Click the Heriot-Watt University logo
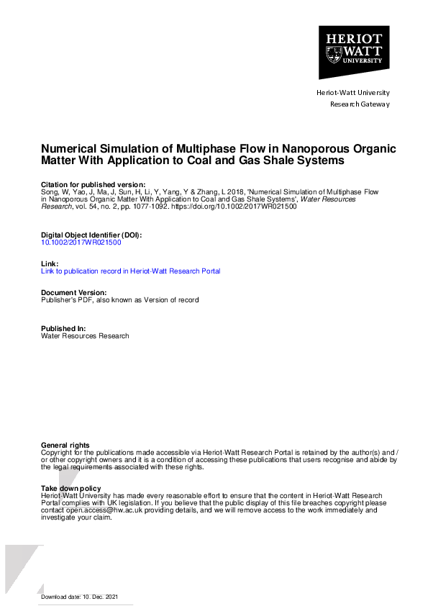point(354,52)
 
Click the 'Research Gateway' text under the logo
point(360,104)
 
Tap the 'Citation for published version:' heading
point(93,185)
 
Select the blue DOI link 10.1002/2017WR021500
point(81,243)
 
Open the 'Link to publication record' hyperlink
point(131,271)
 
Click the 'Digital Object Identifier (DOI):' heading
point(91,235)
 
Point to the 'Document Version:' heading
point(74,292)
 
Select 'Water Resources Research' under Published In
point(85,336)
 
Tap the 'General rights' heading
point(65,446)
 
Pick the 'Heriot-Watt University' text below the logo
point(353,93)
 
